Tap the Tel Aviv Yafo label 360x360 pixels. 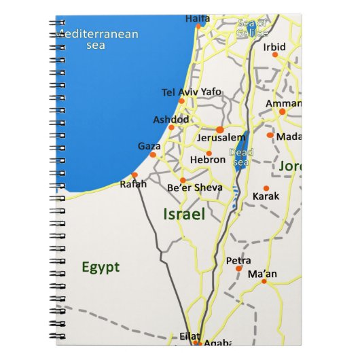coord(182,92)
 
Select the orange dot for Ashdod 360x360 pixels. coord(171,127)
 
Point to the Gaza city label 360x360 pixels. coord(149,145)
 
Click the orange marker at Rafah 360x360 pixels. coord(134,175)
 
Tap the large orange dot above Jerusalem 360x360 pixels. coord(220,128)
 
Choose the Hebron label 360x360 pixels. coord(208,160)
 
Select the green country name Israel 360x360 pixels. coord(184,215)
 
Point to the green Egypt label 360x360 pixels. coord(101,267)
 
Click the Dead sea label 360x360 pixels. coord(240,157)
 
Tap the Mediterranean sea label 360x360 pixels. coord(99,39)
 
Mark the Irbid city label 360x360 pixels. coord(275,47)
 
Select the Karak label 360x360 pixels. coord(266,196)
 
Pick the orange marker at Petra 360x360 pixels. coord(238,268)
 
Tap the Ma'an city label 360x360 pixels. coord(262,274)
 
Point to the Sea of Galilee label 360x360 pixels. coord(252,27)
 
